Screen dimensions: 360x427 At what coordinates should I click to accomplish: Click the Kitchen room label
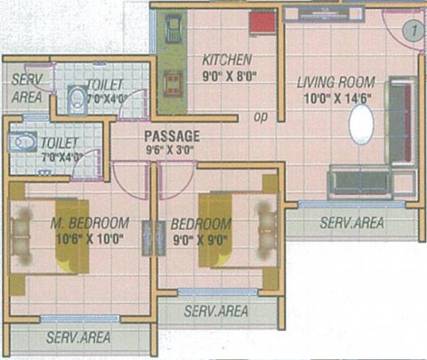pos(226,59)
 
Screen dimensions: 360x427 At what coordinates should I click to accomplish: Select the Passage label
pos(172,135)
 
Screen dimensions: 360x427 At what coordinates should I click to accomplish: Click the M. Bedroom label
pos(90,223)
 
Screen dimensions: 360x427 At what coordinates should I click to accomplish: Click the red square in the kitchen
pos(262,23)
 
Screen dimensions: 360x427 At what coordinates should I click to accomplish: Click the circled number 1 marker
pos(408,30)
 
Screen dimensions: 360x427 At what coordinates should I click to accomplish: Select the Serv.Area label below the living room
pos(351,223)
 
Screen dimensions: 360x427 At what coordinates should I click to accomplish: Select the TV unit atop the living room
pos(323,13)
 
